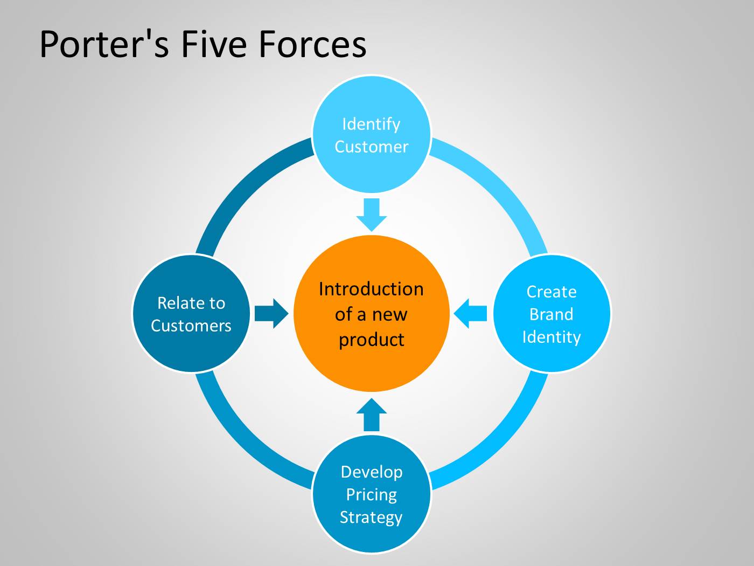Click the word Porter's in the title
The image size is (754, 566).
pos(104,45)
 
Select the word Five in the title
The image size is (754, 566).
pos(214,44)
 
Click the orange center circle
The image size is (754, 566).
pos(371,313)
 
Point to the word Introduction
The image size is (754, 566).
pos(371,289)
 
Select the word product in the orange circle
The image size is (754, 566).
pos(371,340)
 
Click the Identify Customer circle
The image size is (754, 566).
pos(371,134)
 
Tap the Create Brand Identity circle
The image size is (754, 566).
pos(551,313)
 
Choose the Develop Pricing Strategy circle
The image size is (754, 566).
pos(371,494)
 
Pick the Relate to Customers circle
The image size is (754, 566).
pos(191,313)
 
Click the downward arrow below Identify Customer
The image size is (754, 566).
pos(372,215)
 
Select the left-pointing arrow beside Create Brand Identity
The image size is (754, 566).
pos(470,313)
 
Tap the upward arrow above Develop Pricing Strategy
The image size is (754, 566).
pos(372,415)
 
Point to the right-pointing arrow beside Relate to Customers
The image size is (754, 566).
pos(271,313)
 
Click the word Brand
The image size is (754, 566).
pos(551,314)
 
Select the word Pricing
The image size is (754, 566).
pos(371,495)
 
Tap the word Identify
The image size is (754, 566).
pos(371,125)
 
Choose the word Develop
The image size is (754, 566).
pos(372,473)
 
